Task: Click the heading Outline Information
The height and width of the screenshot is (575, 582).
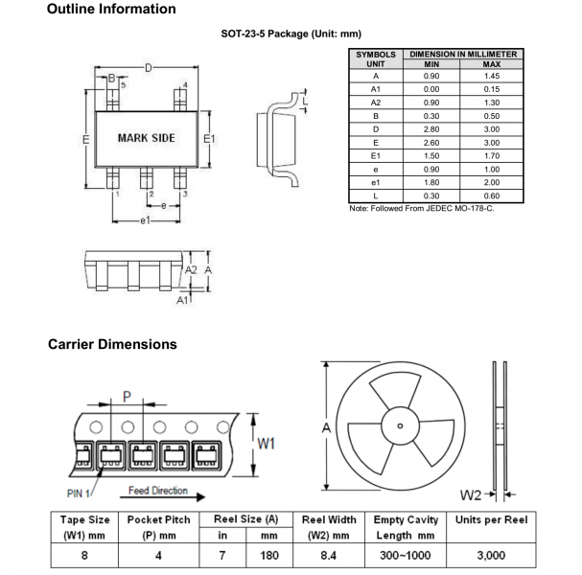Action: click(x=111, y=10)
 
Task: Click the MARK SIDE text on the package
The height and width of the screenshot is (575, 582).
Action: click(x=146, y=138)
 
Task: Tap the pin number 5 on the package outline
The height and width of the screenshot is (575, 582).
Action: click(x=122, y=84)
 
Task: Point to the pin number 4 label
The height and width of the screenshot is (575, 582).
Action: click(x=184, y=84)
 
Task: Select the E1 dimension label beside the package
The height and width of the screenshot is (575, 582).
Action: click(x=210, y=139)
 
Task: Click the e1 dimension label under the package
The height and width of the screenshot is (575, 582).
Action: click(x=146, y=221)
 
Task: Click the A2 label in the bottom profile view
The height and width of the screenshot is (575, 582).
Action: click(x=190, y=271)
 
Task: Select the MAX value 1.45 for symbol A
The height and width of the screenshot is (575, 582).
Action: click(x=492, y=75)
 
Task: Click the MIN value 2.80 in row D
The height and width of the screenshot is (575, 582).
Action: click(x=431, y=127)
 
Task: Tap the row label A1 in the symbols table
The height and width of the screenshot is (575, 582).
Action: click(x=375, y=88)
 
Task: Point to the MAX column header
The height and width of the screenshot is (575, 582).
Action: click(x=492, y=63)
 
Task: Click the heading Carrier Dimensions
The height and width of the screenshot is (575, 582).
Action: click(x=111, y=344)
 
